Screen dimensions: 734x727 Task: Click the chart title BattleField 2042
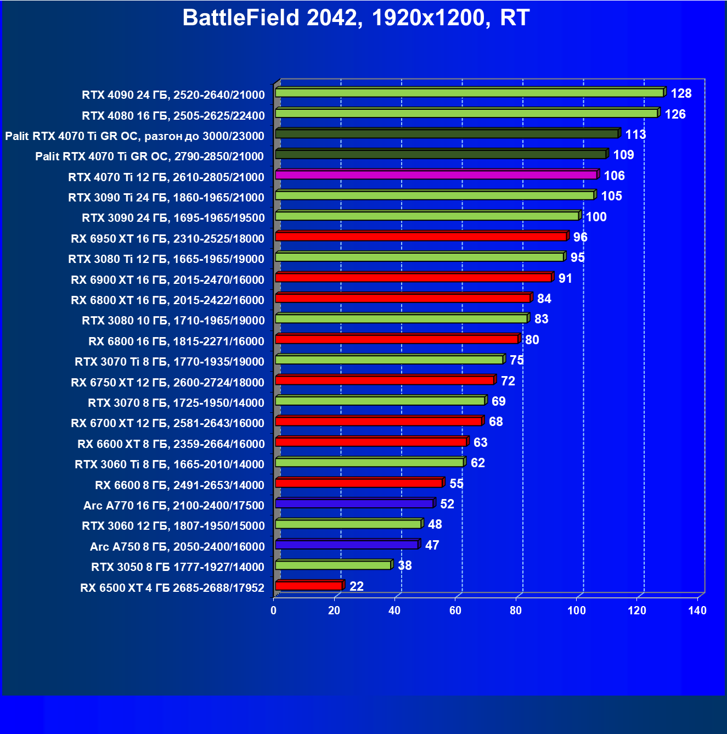tap(356, 18)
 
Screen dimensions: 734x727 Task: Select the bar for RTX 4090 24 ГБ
tap(469, 93)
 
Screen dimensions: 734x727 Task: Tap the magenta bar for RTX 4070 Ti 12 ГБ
tap(436, 175)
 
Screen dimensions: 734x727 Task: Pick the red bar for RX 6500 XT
tap(309, 586)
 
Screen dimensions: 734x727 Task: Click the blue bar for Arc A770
tap(354, 503)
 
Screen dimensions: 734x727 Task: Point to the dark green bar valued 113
tap(447, 134)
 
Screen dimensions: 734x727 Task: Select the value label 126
tap(675, 114)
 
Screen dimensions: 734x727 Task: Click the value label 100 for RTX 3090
tap(596, 217)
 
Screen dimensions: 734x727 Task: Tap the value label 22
tap(357, 586)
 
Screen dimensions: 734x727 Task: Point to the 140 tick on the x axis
tap(697, 610)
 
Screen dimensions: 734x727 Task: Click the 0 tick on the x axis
tap(274, 610)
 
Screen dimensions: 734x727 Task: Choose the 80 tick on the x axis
tap(516, 610)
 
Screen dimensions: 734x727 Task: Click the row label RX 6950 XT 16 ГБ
tap(167, 238)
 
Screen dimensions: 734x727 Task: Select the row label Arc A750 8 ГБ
tap(177, 546)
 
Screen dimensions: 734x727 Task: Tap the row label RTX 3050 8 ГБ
tap(178, 567)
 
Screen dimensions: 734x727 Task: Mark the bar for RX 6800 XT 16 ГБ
tap(403, 298)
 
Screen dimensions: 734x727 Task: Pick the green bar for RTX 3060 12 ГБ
tap(348, 524)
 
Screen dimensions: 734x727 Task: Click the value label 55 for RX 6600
tap(457, 484)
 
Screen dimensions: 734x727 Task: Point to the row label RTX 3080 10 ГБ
tap(173, 320)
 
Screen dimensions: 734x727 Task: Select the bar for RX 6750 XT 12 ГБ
tap(385, 380)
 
